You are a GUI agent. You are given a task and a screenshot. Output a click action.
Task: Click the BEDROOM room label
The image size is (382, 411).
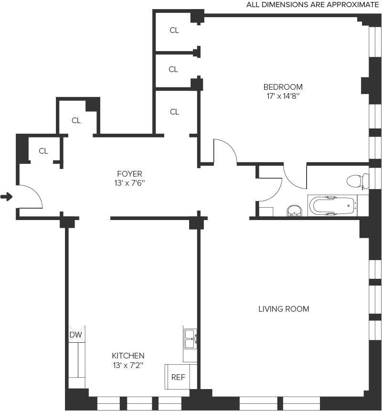[283, 87]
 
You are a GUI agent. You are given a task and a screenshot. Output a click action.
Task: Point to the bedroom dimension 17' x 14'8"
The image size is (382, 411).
[283, 96]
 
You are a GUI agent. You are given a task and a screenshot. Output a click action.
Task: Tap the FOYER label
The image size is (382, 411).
[129, 174]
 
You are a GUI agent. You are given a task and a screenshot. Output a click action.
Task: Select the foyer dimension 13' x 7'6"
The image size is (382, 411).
[129, 182]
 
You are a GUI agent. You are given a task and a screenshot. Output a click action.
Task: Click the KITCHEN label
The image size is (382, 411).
[128, 356]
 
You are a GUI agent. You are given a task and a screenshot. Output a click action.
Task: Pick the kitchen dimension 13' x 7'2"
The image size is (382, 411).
[128, 365]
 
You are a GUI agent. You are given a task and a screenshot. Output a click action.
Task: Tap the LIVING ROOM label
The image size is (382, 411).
[284, 309]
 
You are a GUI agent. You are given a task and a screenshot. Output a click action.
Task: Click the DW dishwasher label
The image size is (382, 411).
[76, 335]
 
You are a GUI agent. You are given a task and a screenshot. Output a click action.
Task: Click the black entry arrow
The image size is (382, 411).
[6, 196]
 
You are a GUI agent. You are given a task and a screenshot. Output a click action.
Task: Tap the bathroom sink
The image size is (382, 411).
[295, 211]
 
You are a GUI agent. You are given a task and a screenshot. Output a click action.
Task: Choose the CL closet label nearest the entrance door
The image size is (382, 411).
[43, 151]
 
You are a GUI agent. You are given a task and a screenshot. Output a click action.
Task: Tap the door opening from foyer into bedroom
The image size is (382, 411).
[224, 151]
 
